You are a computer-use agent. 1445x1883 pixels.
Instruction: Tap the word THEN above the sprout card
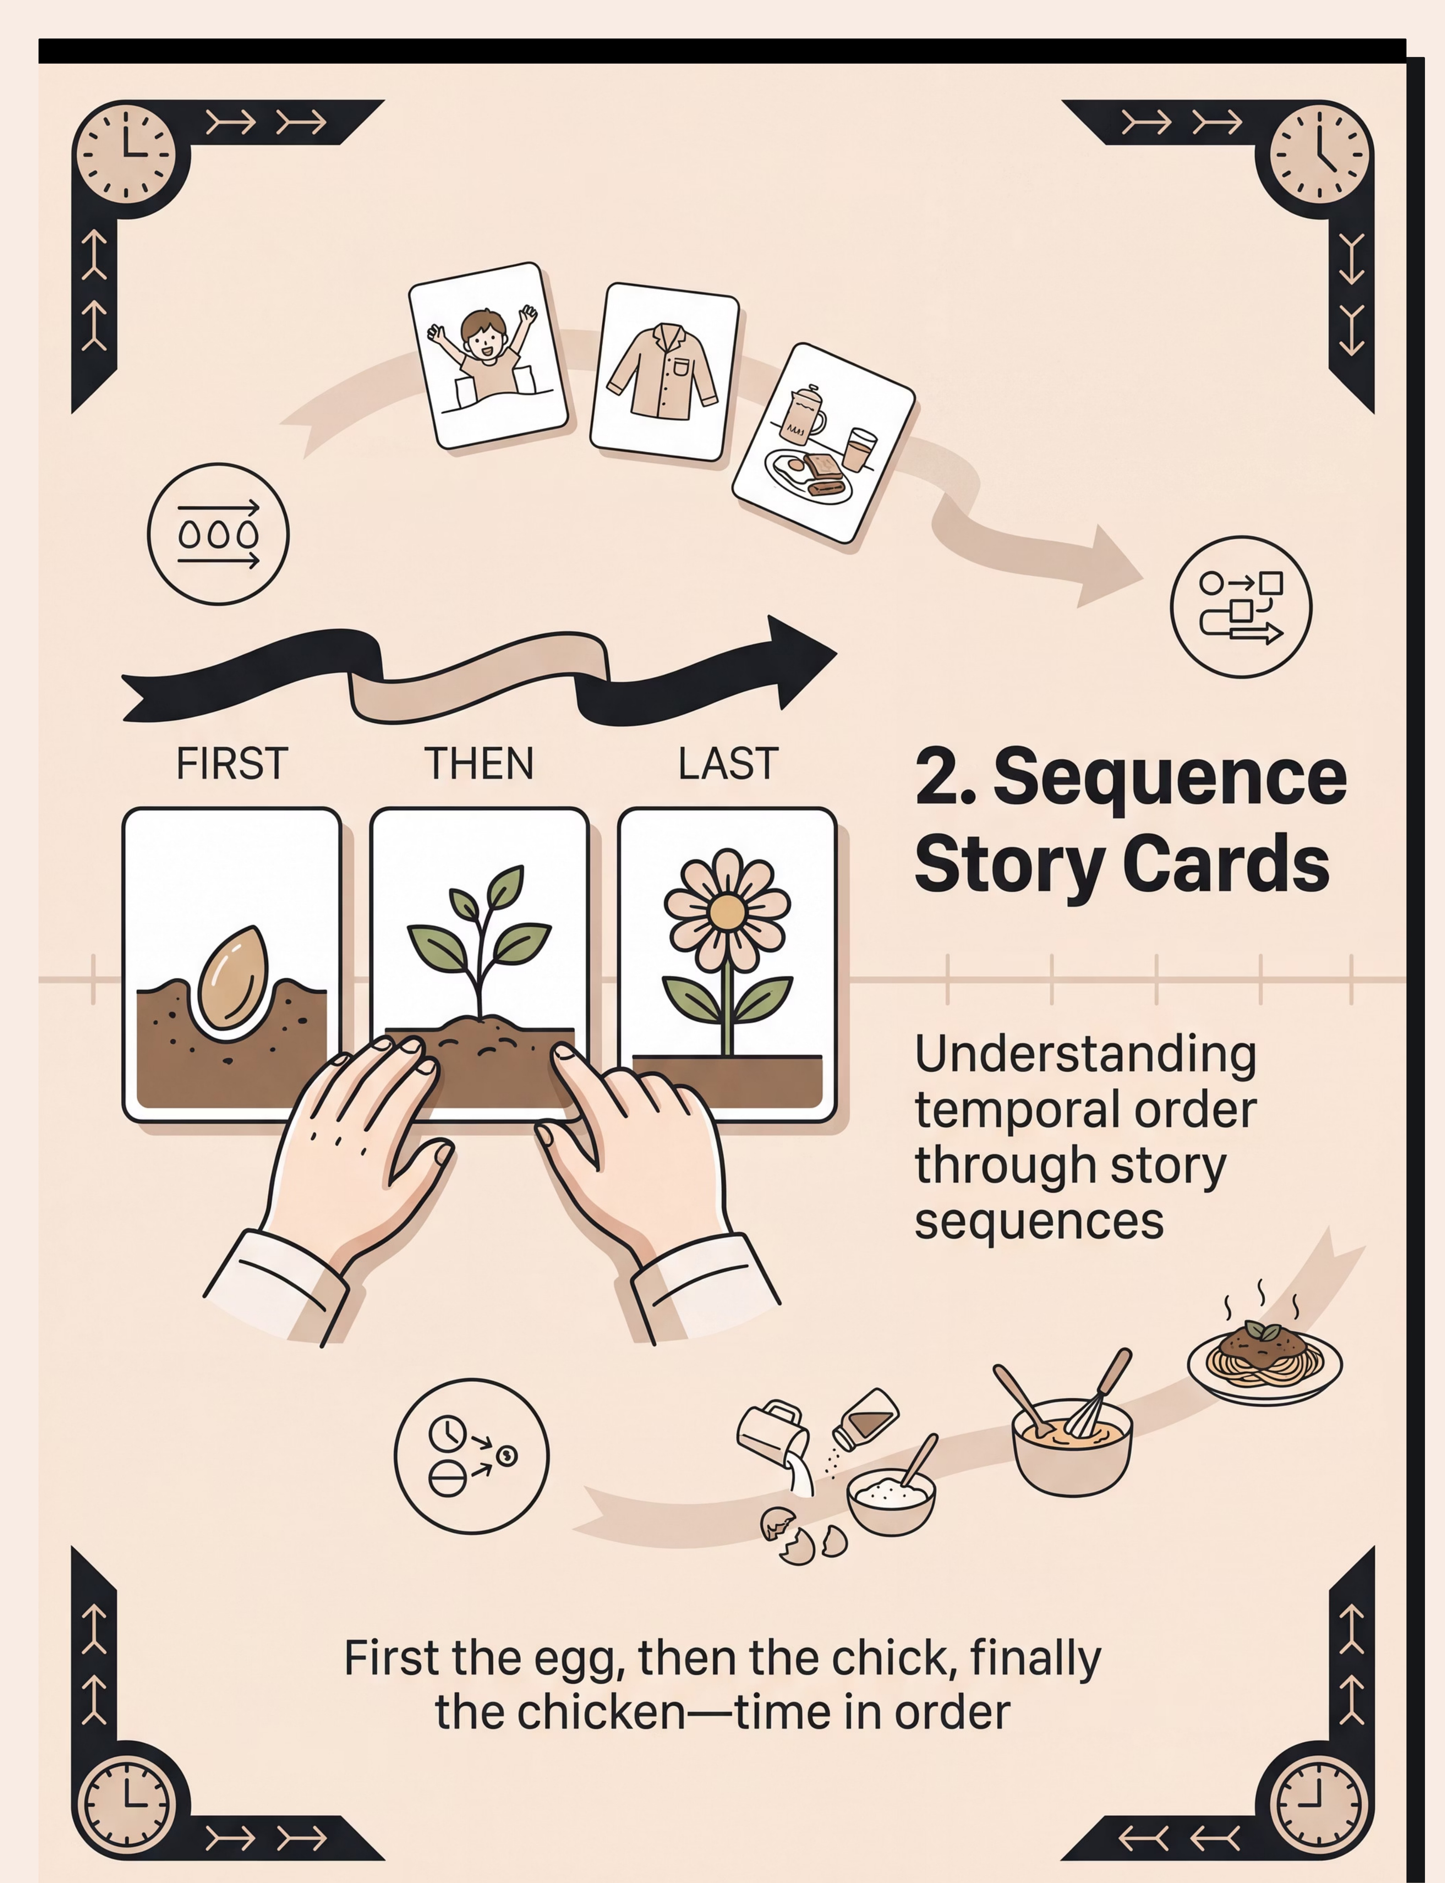(479, 764)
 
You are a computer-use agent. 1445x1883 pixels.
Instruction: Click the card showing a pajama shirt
(664, 371)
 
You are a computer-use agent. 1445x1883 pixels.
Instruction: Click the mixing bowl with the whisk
(1071, 1431)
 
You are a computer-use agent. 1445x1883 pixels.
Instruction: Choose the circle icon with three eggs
(218, 534)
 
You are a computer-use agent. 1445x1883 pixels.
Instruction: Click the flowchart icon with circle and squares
(1241, 607)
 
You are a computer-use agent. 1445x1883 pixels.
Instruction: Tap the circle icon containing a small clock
(471, 1456)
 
